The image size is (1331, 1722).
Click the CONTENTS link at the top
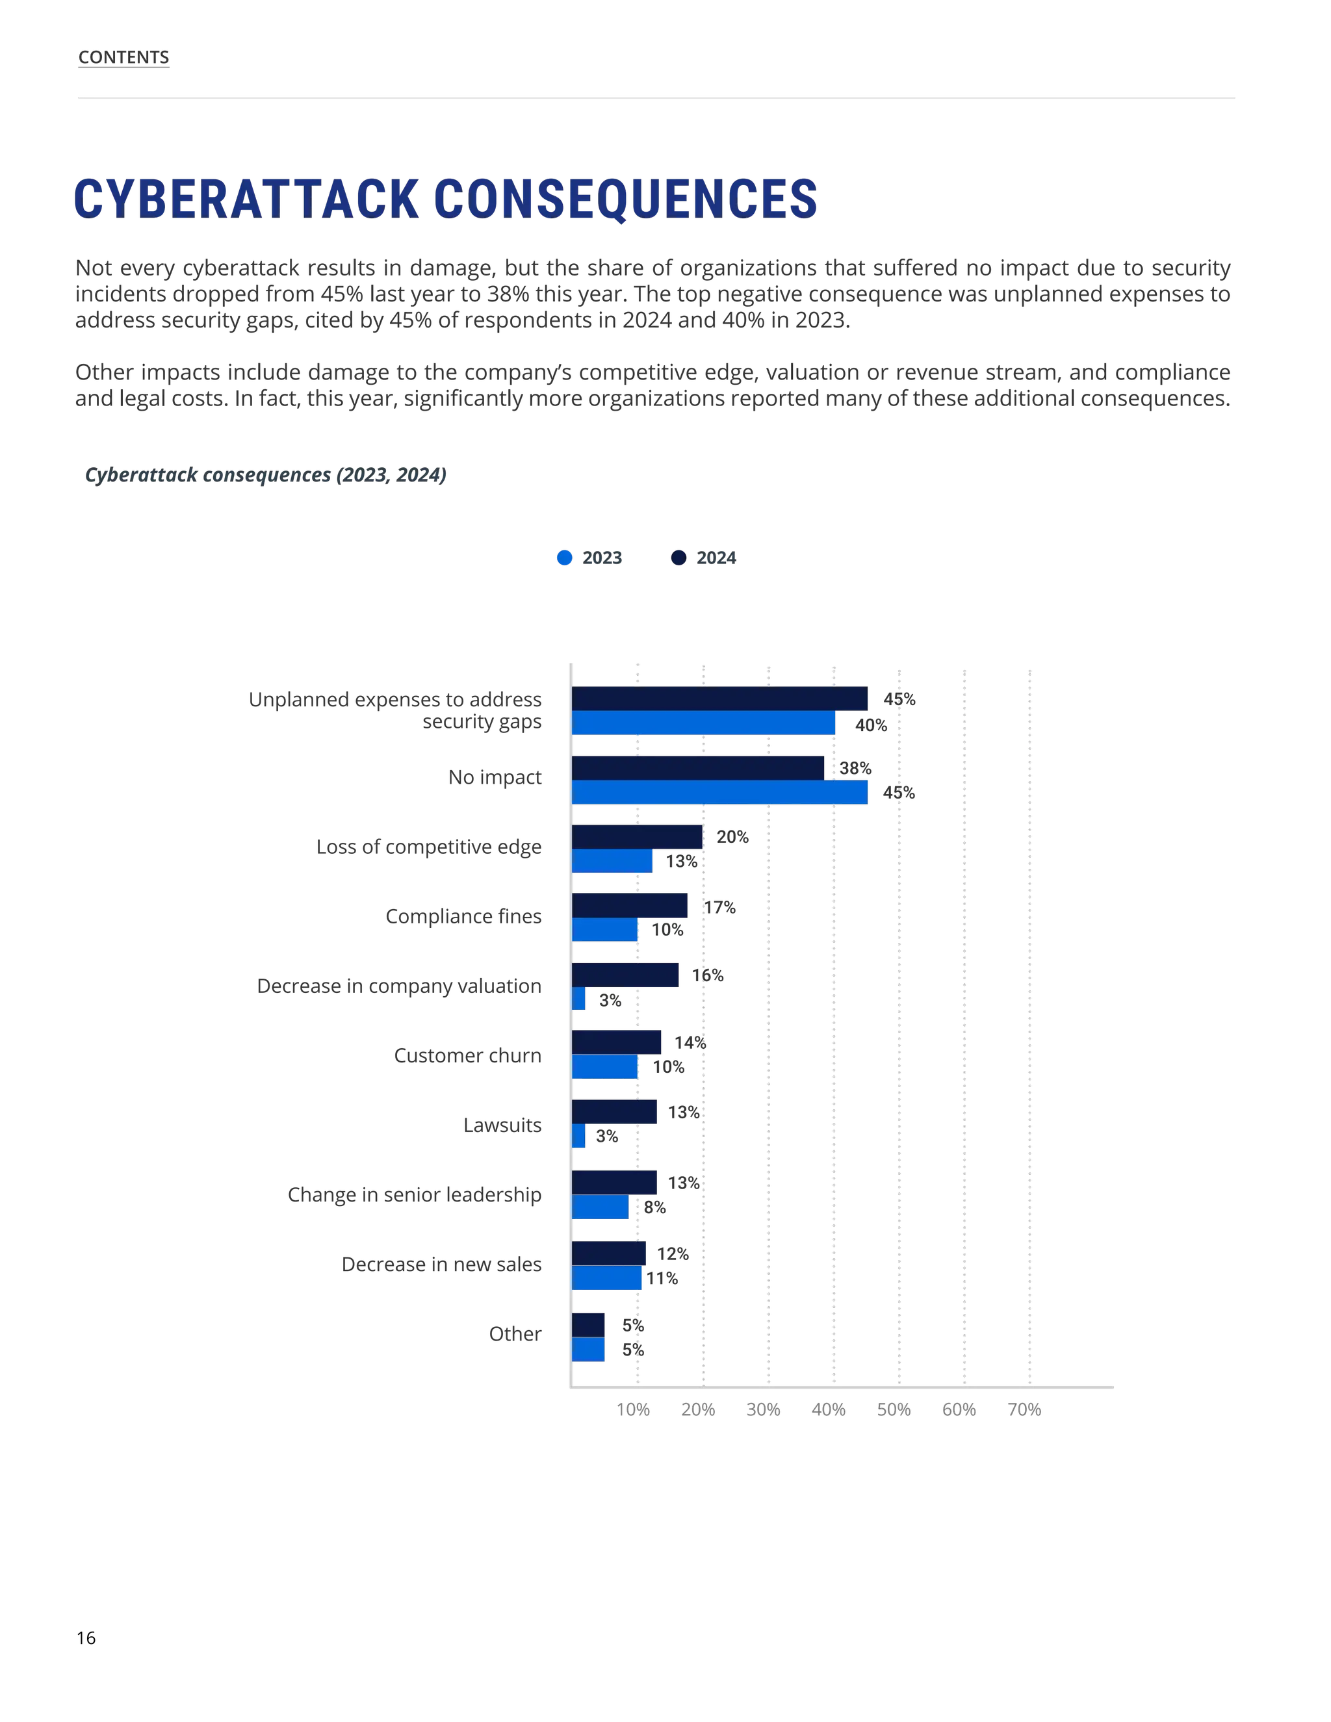click(x=123, y=58)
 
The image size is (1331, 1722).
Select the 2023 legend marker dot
click(x=563, y=558)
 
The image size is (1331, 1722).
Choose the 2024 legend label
click(x=716, y=558)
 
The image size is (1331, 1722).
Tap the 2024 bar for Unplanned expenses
click(x=719, y=699)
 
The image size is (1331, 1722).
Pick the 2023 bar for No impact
click(x=719, y=792)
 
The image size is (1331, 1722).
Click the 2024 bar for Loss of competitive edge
click(x=637, y=836)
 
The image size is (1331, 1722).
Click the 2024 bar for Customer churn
click(x=617, y=1042)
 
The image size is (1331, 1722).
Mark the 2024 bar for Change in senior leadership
click(x=615, y=1183)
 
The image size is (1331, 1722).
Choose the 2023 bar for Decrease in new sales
click(x=606, y=1278)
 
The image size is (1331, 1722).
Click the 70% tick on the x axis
click(x=1024, y=1410)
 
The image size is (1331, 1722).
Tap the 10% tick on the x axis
click(x=633, y=1410)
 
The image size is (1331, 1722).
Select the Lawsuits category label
click(x=502, y=1125)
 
